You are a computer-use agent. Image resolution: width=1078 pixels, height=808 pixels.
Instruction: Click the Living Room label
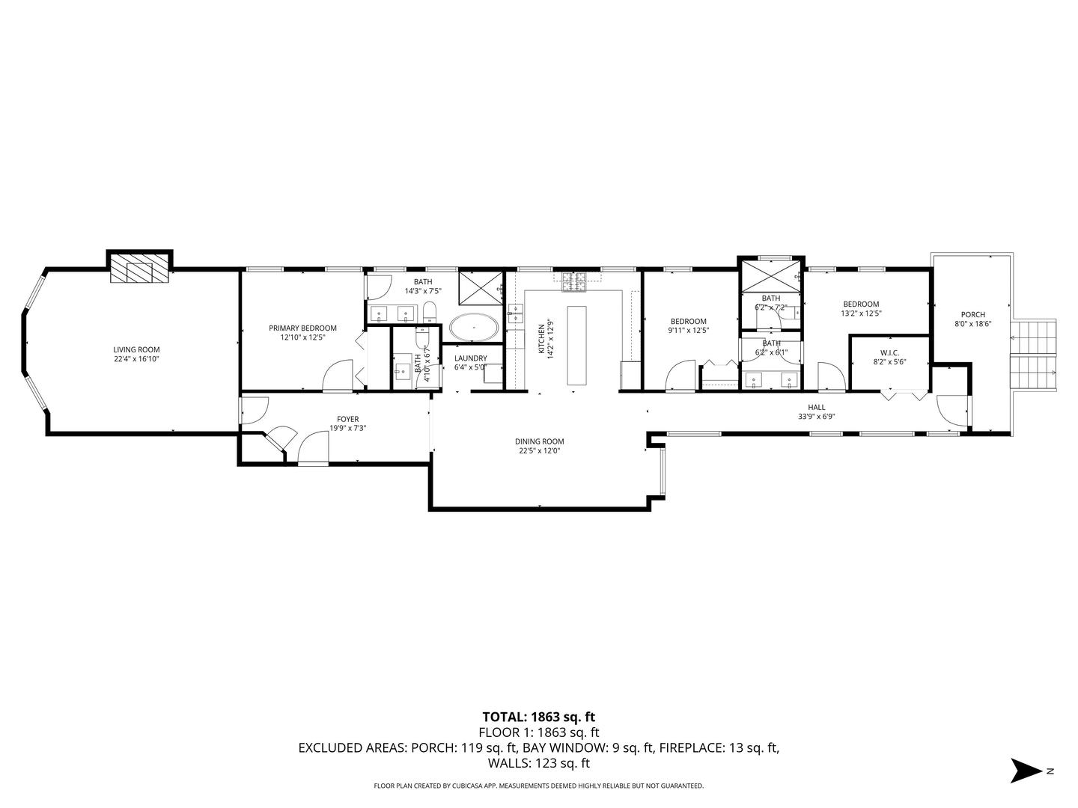pos(136,349)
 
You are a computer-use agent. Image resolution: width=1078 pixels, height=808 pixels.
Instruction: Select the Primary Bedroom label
pos(302,328)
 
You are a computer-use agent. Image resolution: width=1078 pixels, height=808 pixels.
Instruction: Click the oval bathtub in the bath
pos(474,328)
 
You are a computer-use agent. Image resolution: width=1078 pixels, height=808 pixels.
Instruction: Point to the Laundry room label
pos(471,358)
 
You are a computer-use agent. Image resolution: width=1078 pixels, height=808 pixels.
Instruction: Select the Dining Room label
pos(539,441)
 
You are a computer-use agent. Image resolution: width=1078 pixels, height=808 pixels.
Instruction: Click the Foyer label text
pos(347,419)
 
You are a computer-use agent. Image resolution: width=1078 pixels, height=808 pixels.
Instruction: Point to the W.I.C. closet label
pos(889,352)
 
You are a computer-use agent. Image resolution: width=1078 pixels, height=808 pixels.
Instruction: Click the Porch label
pos(973,314)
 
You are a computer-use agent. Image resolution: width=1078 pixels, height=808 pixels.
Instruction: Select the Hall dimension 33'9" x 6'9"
pos(816,417)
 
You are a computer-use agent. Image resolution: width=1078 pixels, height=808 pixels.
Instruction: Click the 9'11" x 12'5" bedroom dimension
pos(688,330)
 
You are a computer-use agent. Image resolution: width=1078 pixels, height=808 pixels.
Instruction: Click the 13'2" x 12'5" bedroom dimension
pos(861,313)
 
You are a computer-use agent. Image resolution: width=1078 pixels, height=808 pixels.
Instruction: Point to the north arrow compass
pos(1028,771)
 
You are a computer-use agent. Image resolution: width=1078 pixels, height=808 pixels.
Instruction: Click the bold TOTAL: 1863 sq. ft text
pos(538,717)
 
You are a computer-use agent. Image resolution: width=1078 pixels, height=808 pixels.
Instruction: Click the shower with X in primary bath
pos(480,287)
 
